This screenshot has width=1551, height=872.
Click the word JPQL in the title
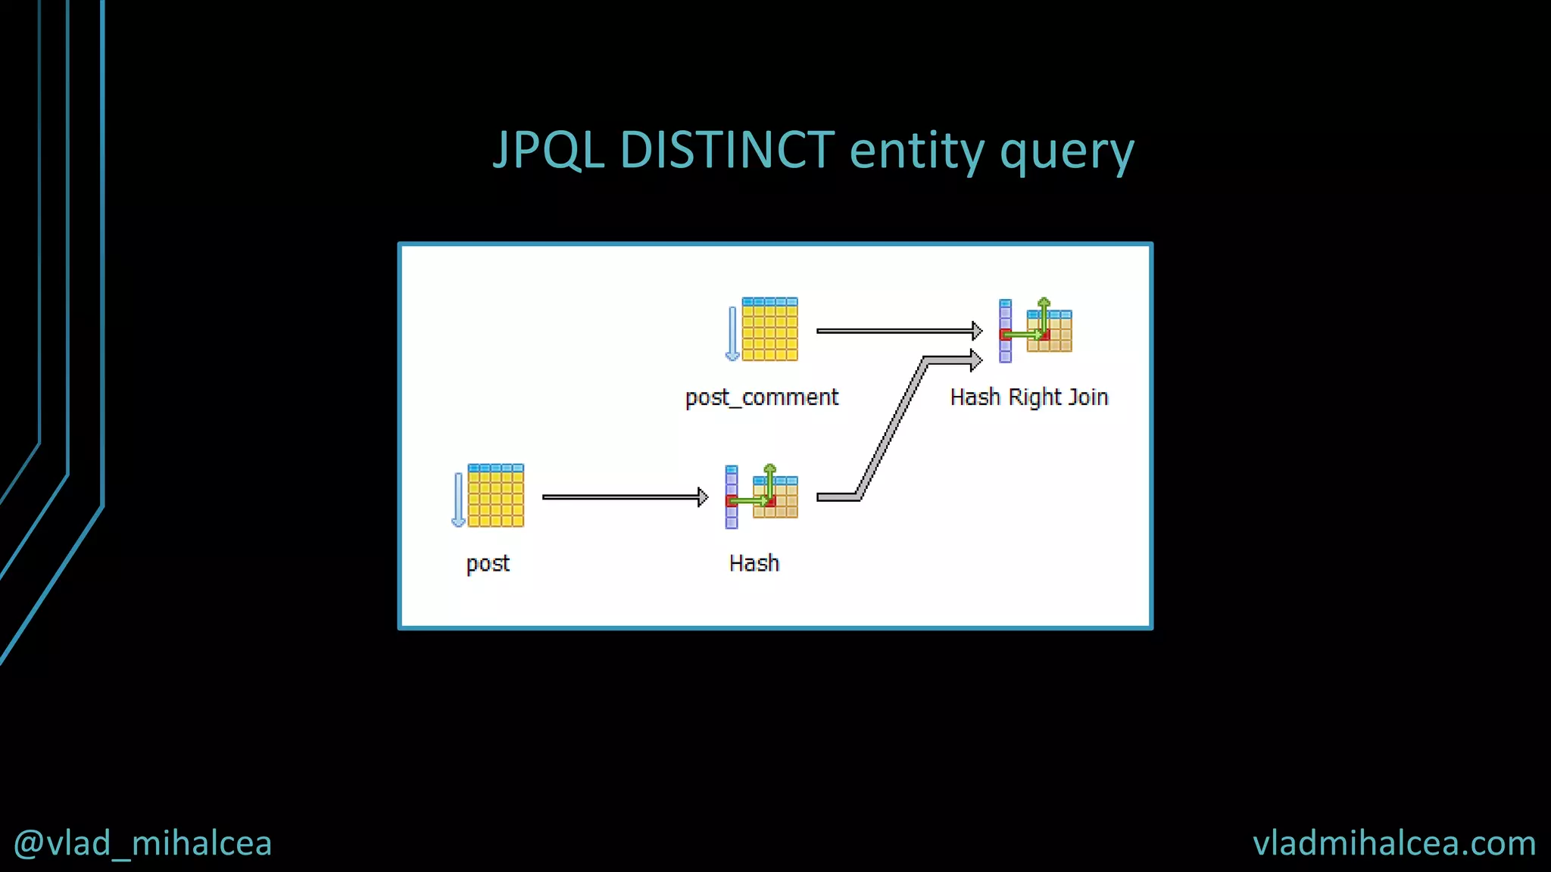click(548, 150)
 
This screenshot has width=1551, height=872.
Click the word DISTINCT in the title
click(727, 150)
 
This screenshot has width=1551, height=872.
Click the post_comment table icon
click(769, 329)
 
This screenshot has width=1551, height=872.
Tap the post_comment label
click(762, 397)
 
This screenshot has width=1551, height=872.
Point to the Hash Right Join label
click(1029, 397)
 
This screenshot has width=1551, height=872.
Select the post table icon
click(495, 496)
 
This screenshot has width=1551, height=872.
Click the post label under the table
click(488, 564)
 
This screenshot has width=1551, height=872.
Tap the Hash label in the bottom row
click(754, 563)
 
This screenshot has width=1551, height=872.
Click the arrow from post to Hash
click(625, 497)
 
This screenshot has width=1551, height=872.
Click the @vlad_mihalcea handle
click(142, 843)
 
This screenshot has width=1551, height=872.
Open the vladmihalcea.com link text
click(1394, 843)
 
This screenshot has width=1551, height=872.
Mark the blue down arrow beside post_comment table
click(732, 334)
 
